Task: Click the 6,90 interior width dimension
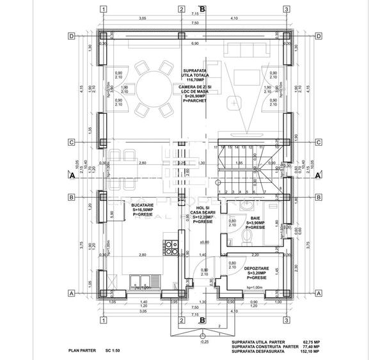[x=194, y=43]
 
